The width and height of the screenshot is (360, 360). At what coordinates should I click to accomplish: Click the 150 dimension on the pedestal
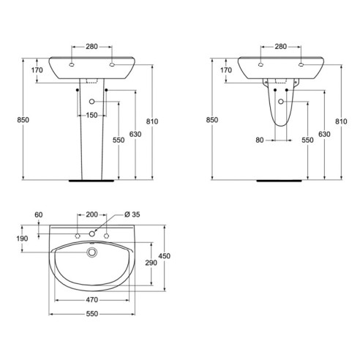click(91, 115)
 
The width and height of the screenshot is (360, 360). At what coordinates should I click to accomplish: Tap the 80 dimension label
click(260, 140)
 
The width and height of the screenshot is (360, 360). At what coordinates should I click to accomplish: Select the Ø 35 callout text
click(132, 214)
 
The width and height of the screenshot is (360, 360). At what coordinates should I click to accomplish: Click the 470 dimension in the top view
click(91, 300)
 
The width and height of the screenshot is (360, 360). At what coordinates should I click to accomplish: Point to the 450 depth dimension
click(165, 256)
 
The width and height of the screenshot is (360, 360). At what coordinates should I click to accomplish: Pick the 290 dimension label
click(151, 263)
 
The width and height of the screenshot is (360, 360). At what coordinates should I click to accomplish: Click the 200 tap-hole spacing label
click(91, 214)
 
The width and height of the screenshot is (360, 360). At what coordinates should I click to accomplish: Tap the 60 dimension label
click(39, 215)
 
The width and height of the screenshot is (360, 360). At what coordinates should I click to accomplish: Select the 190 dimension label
click(22, 239)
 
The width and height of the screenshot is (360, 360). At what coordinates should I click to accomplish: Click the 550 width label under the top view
click(91, 314)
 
